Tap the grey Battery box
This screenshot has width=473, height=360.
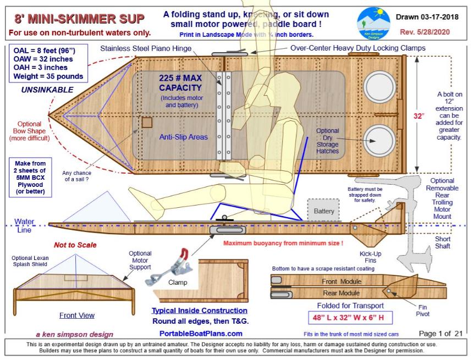pos(323,211)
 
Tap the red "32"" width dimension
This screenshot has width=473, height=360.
pos(420,117)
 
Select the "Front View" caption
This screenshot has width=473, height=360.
pos(76,315)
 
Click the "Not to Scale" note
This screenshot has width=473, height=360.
pos(75,245)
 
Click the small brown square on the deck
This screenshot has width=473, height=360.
pos(147,122)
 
